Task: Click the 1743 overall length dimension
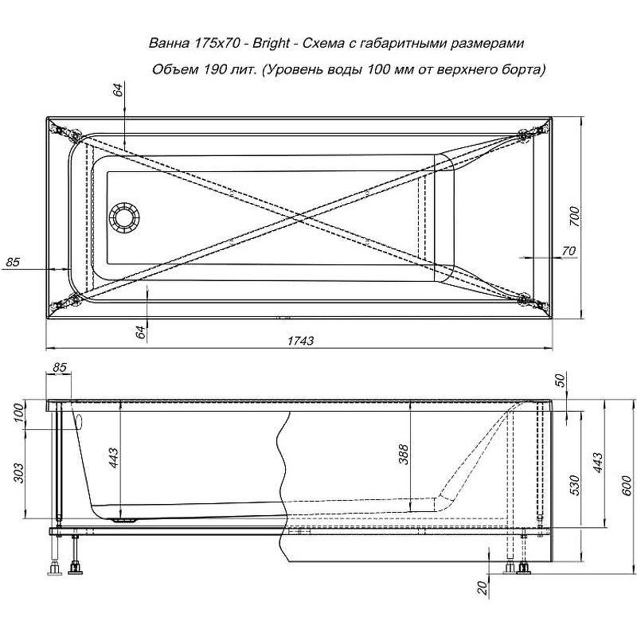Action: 302,340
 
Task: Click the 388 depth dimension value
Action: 404,454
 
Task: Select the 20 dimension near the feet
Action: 482,589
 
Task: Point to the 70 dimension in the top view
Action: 569,251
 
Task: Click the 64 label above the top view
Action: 119,89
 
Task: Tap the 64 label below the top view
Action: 140,333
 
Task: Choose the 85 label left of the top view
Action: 12,261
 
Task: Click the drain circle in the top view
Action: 124,217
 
